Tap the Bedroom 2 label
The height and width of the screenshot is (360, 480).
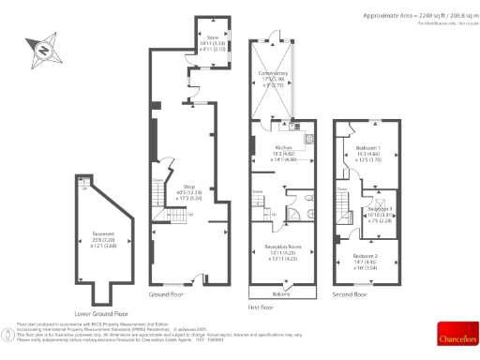point(366,257)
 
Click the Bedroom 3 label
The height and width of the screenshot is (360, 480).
point(379,209)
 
